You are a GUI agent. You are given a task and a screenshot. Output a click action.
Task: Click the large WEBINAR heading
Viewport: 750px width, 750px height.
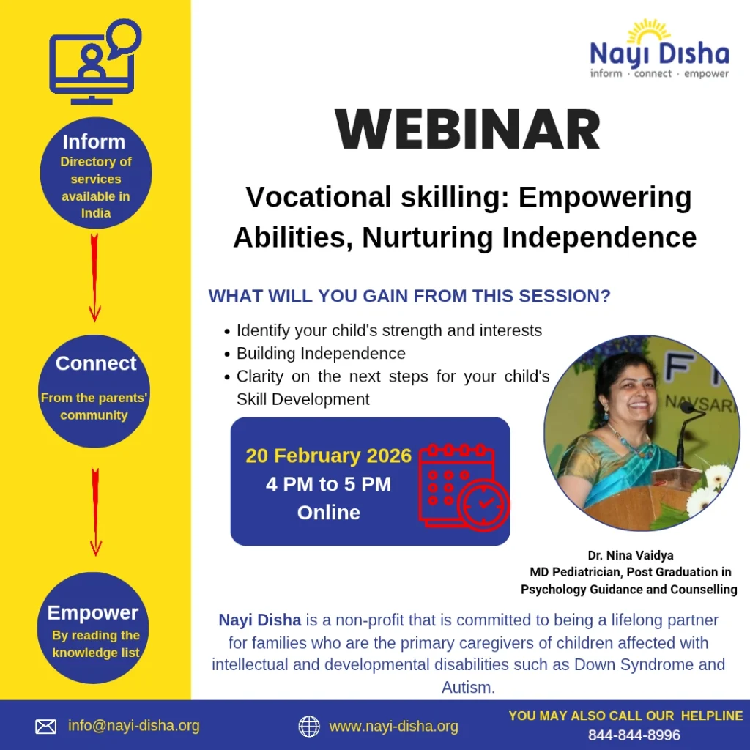point(467,130)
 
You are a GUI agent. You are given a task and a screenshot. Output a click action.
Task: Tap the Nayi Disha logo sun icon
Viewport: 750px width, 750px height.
point(649,31)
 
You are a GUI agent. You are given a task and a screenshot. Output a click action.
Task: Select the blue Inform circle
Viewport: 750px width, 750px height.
point(96,173)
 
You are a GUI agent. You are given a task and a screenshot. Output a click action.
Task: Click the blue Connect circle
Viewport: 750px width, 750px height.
point(94,391)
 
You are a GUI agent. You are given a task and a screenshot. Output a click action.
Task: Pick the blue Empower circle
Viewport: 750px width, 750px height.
point(93,628)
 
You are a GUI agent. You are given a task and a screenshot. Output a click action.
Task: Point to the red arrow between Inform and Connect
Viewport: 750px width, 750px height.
point(94,278)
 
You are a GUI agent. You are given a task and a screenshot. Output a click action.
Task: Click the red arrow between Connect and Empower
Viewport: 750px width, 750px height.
point(96,512)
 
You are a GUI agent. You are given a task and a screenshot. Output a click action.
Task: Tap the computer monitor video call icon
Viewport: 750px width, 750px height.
point(95,62)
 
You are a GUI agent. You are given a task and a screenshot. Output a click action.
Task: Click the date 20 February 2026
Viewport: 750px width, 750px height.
point(329,456)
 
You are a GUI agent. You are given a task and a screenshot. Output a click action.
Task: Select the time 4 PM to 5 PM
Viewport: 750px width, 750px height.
point(329,484)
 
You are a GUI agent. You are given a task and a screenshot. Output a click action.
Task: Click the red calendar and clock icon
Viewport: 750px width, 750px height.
point(464,488)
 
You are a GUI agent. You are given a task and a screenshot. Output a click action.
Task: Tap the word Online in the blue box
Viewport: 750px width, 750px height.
point(329,512)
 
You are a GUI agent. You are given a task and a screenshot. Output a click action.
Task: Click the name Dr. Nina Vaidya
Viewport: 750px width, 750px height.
point(631,555)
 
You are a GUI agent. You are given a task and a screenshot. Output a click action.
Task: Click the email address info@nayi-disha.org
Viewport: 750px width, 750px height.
point(134,726)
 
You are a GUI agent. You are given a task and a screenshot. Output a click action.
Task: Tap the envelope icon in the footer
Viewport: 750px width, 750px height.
point(46,727)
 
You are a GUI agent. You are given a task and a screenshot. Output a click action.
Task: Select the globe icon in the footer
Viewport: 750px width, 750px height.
point(309,727)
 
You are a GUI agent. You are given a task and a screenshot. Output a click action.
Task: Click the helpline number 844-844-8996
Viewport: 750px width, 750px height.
point(634,735)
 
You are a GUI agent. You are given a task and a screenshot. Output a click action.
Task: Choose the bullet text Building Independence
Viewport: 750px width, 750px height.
point(321,354)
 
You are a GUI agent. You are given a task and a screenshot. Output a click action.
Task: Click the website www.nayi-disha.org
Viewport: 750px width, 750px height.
point(393,727)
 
